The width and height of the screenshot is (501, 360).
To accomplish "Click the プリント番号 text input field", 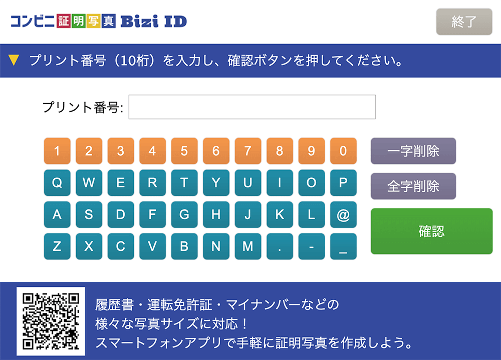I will point(252,107).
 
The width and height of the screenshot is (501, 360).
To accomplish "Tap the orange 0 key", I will point(343,151).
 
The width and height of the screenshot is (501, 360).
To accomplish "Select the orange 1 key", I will point(57,151).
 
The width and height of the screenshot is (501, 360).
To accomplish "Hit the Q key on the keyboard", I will point(57,183).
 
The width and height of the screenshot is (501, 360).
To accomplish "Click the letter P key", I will point(343,183).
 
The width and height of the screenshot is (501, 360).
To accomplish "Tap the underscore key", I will point(343,246).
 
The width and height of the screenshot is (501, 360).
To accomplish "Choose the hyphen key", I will point(311,246).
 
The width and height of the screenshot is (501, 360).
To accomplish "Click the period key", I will point(280,246).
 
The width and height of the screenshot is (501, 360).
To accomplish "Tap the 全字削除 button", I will point(413,186).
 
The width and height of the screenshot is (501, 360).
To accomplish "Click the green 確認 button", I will point(431,231).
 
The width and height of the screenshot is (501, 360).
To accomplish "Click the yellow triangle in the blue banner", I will point(14,61).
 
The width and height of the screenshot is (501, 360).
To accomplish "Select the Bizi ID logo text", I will point(153,21).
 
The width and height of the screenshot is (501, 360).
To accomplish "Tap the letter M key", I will point(248,246).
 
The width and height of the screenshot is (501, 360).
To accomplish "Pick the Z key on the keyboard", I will point(57,246).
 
